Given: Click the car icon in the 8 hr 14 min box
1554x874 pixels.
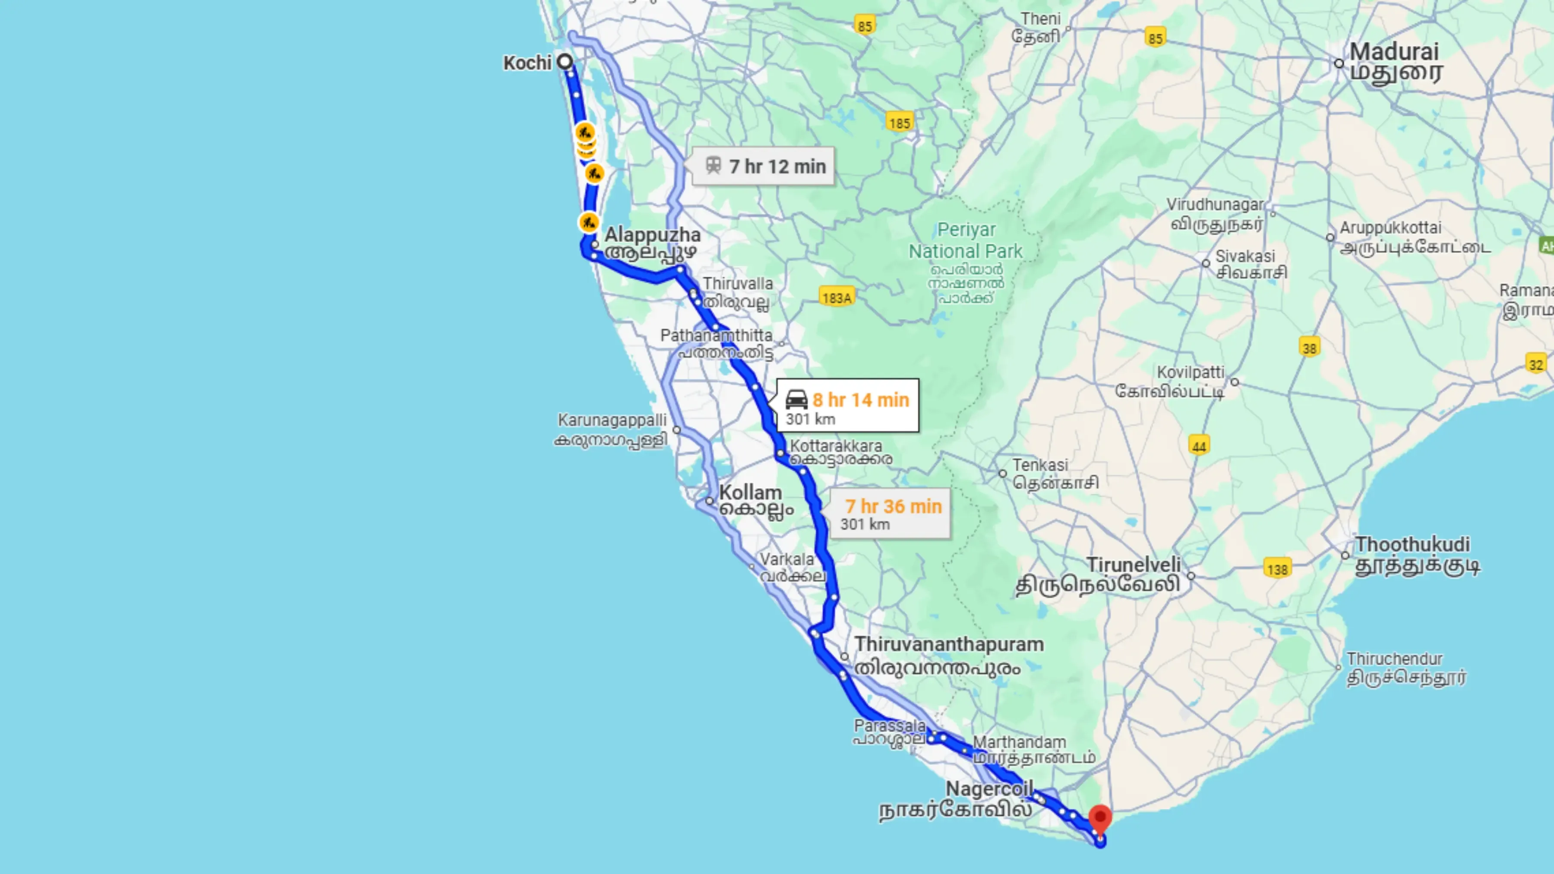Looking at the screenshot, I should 796,399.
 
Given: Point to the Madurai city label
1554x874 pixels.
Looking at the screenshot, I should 1393,52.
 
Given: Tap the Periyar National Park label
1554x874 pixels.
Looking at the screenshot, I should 965,240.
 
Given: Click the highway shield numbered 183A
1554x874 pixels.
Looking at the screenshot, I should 837,297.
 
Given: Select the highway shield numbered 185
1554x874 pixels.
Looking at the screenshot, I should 899,123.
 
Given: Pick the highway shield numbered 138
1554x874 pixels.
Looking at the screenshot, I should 1277,569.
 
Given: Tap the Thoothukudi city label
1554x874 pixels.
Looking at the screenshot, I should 1412,544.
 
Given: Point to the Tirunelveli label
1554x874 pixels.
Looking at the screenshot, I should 1133,565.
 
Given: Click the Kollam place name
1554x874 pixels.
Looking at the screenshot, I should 750,493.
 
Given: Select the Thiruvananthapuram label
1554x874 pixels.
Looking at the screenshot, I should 948,644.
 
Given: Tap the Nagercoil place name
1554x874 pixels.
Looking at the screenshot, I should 989,789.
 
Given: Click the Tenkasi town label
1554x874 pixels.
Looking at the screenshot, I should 1040,465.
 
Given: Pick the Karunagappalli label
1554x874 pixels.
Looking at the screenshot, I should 612,420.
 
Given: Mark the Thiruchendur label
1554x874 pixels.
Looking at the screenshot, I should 1394,659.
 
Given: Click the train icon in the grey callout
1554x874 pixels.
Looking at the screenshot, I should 713,165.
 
